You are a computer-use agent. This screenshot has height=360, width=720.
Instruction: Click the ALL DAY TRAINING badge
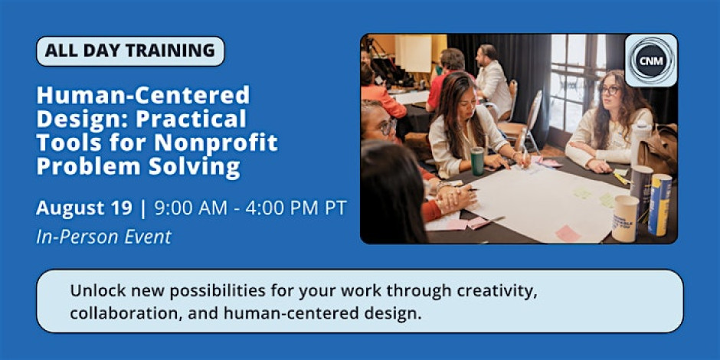click(130, 51)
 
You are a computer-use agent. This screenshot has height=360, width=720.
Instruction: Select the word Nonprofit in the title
click(216, 142)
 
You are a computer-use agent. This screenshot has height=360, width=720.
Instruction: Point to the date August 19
click(84, 208)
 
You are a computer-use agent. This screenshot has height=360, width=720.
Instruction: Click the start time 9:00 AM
click(191, 208)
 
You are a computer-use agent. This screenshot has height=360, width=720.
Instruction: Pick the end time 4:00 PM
click(279, 208)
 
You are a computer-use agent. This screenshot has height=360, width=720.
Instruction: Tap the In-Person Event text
click(103, 237)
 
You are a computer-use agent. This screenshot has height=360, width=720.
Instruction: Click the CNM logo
click(651, 61)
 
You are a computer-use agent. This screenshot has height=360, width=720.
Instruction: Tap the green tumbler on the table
click(477, 161)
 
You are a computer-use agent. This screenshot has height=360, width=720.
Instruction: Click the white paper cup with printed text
click(625, 218)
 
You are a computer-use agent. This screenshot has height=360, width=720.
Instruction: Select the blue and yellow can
click(659, 205)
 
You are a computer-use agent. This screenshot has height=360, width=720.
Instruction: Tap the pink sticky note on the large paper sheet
click(568, 234)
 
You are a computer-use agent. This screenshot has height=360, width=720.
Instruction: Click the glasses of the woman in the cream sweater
click(610, 91)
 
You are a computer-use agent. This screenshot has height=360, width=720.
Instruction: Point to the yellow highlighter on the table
click(622, 178)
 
